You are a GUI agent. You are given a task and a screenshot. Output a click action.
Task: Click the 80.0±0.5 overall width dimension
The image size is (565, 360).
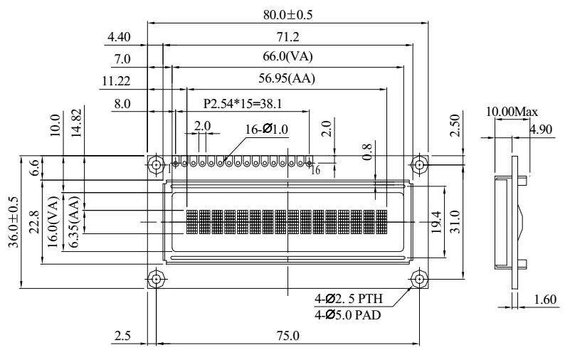288,13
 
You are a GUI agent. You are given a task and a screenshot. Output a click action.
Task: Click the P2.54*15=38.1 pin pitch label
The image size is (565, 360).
243,103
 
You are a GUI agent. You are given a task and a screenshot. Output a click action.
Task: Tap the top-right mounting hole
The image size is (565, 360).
420,165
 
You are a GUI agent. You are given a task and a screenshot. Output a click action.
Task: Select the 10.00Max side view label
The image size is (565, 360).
512,112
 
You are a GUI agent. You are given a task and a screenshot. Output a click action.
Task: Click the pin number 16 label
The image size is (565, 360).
317,171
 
